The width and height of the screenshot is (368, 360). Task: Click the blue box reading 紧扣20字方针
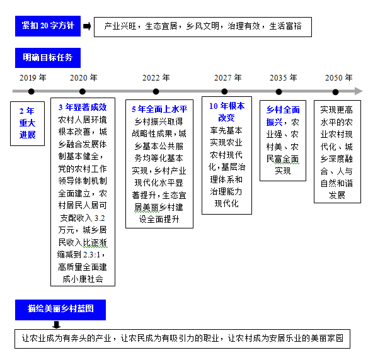point(48,26)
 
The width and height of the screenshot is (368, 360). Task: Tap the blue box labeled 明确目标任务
point(48,58)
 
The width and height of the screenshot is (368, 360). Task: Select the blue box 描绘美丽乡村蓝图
point(60,310)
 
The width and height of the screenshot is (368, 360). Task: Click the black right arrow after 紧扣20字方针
point(87,26)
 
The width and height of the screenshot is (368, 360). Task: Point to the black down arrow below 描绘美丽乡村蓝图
point(56,325)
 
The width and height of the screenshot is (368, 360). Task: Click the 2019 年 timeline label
point(33,77)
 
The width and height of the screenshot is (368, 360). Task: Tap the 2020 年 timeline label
point(84,77)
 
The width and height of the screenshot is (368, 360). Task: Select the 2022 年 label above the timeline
point(156,77)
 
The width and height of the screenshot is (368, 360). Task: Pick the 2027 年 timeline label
point(227,77)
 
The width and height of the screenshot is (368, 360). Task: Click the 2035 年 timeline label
point(284,77)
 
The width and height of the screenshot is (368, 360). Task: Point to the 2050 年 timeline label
point(338,77)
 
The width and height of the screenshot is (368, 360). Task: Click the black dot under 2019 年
point(32,91)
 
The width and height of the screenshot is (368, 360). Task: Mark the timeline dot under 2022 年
point(156,91)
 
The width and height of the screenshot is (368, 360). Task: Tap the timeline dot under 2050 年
point(336,92)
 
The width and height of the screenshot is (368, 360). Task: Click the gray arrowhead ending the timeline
point(359,91)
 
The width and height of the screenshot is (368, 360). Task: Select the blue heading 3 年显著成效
point(83,108)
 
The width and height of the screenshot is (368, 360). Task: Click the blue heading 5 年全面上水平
point(159,109)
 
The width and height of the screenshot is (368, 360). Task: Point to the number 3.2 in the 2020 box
point(100,218)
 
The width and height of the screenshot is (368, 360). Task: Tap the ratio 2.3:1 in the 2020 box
point(92,254)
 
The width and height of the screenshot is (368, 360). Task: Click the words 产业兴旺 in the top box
point(120,26)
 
